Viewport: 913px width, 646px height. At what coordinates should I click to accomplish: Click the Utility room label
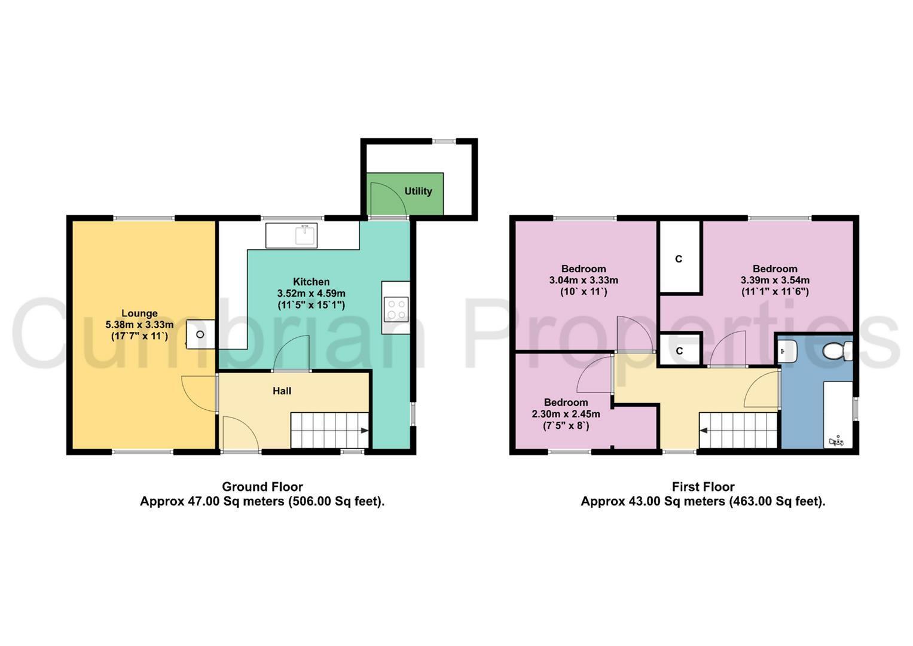point(418,191)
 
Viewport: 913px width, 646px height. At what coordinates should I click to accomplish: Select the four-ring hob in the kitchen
point(396,309)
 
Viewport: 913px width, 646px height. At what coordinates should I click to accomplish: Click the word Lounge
point(139,313)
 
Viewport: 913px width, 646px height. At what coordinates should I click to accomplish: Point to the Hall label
point(282,391)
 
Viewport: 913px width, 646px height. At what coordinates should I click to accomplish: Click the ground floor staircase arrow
point(364,430)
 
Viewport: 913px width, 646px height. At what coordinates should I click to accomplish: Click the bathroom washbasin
point(787,351)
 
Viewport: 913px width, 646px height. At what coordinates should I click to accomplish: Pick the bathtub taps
point(836,441)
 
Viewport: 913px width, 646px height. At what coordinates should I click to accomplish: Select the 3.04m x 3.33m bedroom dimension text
point(584,280)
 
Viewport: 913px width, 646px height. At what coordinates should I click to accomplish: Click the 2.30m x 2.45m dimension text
point(566,414)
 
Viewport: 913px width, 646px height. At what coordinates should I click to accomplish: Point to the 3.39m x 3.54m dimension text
point(775,280)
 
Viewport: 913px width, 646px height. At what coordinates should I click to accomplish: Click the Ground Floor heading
point(262,486)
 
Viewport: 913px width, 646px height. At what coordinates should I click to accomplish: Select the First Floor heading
point(703,486)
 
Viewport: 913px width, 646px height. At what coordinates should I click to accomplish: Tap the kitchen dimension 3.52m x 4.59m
point(312,293)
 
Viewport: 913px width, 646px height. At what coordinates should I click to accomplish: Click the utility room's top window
point(444,141)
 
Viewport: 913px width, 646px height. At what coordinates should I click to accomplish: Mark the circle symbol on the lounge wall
point(200,334)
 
